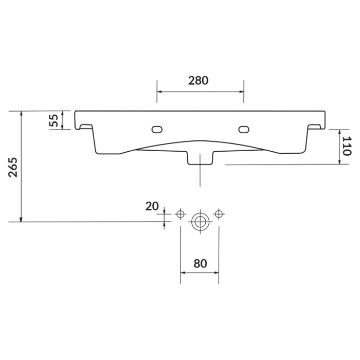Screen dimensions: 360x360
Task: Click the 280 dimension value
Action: [198, 80]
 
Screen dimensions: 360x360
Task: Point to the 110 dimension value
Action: [346, 147]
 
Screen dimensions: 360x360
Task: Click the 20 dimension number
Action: [152, 206]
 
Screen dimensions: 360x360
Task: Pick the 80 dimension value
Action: [200, 263]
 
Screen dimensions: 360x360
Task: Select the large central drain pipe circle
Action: [200, 222]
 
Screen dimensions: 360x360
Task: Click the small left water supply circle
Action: [180, 213]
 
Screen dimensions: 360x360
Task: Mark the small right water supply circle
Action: [219, 213]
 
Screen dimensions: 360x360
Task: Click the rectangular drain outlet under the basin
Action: [200, 158]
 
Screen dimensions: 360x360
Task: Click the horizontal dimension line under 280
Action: [200, 92]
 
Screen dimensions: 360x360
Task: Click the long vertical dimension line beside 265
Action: [21, 167]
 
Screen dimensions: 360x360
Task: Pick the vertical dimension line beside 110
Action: [340, 147]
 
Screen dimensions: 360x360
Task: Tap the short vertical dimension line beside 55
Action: [62, 120]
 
